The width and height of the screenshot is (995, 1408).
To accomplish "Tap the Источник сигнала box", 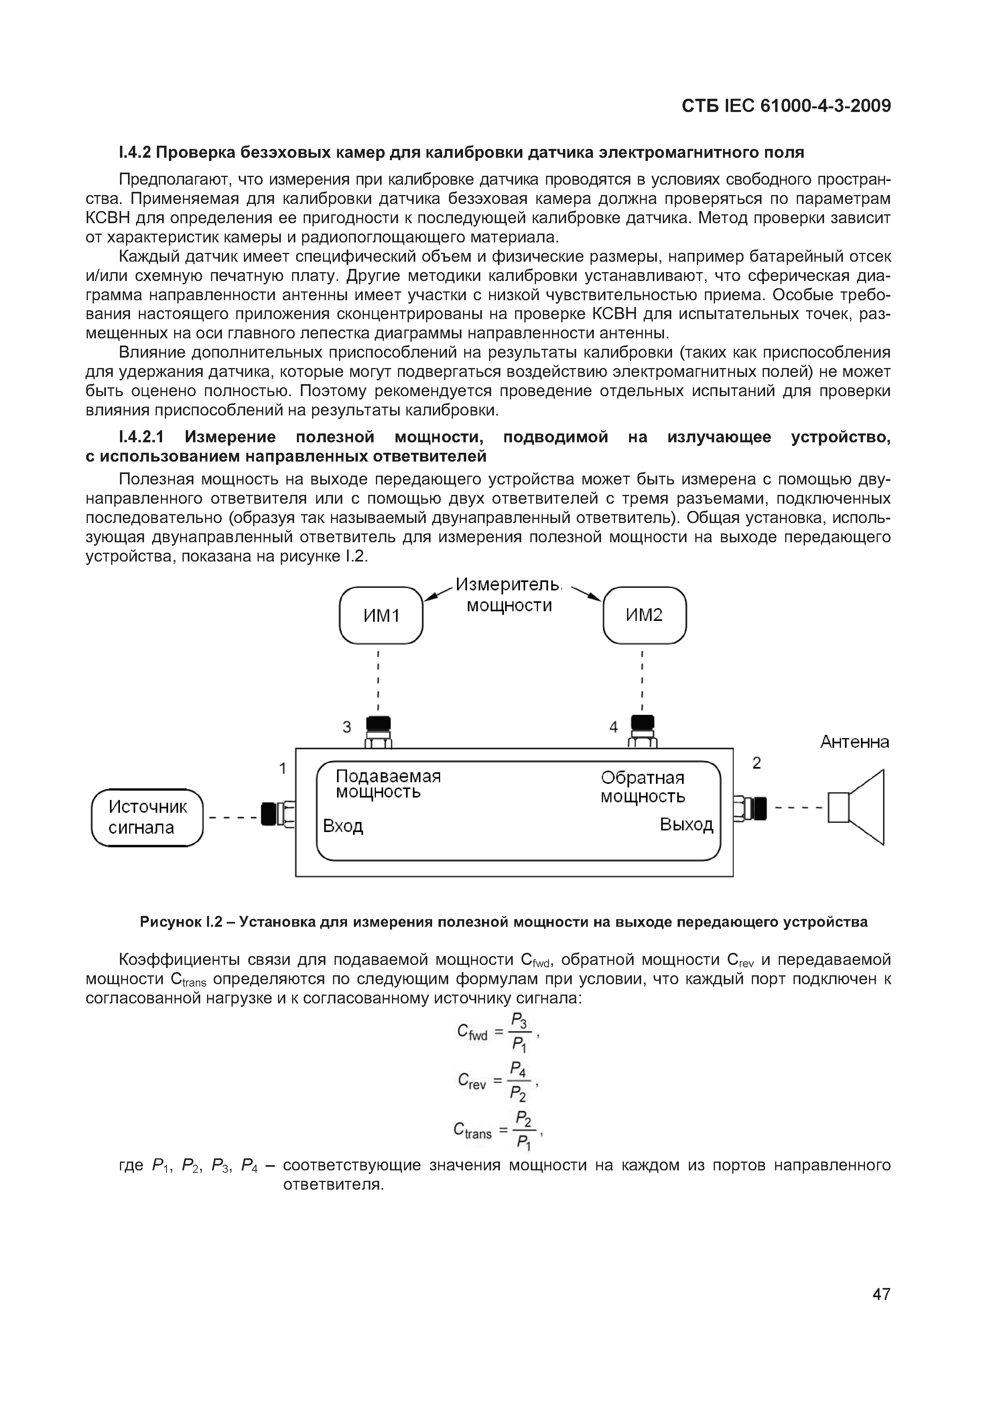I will [x=147, y=818].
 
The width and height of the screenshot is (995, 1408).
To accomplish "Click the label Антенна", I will [x=855, y=742].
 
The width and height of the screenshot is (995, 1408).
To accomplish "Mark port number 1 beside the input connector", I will [x=282, y=768].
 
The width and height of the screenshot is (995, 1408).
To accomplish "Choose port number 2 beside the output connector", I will [x=757, y=763].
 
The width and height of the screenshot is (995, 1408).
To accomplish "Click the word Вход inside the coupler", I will [x=343, y=826].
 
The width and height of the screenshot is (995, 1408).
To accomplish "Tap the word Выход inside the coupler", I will [x=686, y=825].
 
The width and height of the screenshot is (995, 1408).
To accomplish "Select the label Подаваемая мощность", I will [x=388, y=784].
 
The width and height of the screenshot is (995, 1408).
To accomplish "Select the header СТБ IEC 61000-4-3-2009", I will [x=786, y=106].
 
